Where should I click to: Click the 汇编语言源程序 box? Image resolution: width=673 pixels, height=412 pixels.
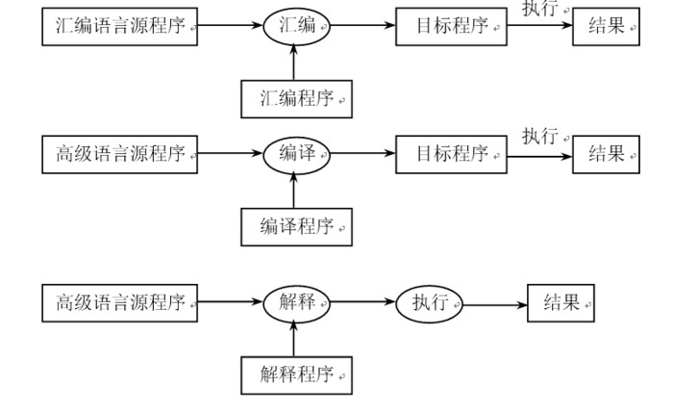pos(119,27)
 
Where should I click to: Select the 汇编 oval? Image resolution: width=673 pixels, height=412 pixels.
pos(295,27)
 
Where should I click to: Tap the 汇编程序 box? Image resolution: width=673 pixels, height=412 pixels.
pos(295,97)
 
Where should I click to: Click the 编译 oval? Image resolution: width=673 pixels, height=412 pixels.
pos(295,154)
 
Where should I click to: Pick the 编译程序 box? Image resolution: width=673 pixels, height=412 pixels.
pos(295,225)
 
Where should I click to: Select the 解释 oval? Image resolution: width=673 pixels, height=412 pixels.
pos(295,303)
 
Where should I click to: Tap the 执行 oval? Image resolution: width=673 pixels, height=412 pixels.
pos(429,303)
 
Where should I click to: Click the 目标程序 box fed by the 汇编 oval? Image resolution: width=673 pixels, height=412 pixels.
pos(451,27)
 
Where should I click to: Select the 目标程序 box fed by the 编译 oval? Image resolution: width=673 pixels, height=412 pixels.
pos(451,154)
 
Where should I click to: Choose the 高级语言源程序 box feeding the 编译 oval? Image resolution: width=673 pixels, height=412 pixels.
pos(119,154)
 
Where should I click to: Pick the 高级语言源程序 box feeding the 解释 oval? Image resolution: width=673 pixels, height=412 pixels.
pos(119,303)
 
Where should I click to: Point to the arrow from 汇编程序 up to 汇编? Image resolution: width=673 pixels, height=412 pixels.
pos(295,61)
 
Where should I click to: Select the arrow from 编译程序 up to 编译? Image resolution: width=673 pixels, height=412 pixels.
pos(295,189)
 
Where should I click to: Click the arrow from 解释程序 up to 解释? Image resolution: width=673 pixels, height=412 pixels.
pos(295,338)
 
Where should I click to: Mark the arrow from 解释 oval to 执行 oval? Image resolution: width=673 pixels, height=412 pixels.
pos(362,303)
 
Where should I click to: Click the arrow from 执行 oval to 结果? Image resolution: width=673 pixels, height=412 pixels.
pos(494,304)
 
